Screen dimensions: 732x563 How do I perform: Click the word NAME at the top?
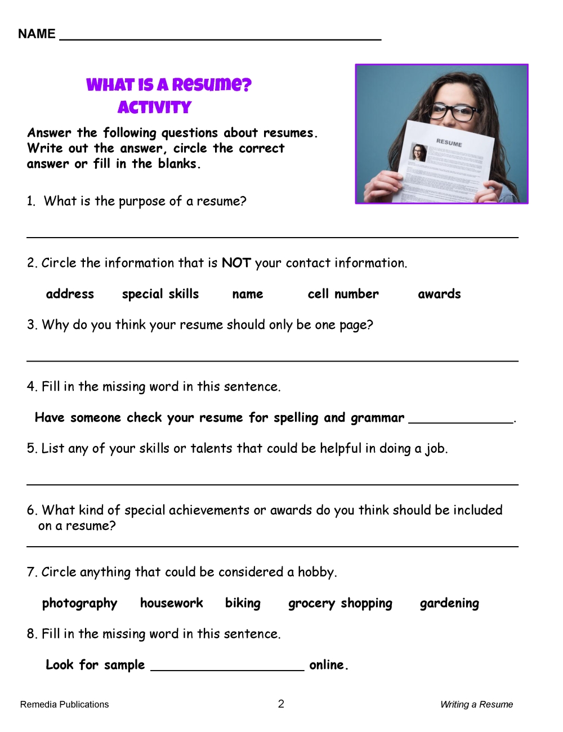point(37,34)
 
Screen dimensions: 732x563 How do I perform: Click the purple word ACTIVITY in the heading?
point(154,108)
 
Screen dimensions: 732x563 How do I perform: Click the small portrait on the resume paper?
point(418,153)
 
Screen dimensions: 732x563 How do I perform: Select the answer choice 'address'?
point(70,294)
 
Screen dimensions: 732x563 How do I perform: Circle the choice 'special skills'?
point(160,294)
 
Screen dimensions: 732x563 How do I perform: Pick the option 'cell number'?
point(343,294)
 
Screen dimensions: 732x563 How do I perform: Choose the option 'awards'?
point(439,294)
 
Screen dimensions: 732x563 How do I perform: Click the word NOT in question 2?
point(236,263)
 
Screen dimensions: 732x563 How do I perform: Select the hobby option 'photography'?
point(79,604)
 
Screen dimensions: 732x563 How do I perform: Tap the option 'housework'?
point(171,603)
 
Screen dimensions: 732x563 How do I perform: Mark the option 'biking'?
point(243,603)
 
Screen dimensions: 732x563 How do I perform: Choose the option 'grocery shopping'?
point(340,604)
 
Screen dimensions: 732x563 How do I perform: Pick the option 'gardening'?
point(449,604)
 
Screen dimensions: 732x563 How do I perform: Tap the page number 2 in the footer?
point(281,704)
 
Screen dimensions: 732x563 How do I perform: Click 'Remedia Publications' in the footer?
point(64,704)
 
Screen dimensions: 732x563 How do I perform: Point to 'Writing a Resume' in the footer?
point(476,704)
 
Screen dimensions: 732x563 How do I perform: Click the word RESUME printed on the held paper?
point(449,142)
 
